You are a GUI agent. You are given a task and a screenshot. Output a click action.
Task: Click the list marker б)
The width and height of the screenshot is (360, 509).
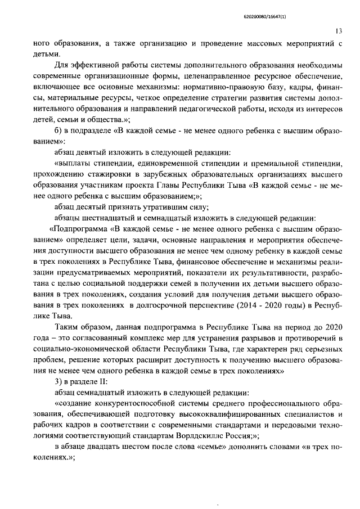pos(60,130)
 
